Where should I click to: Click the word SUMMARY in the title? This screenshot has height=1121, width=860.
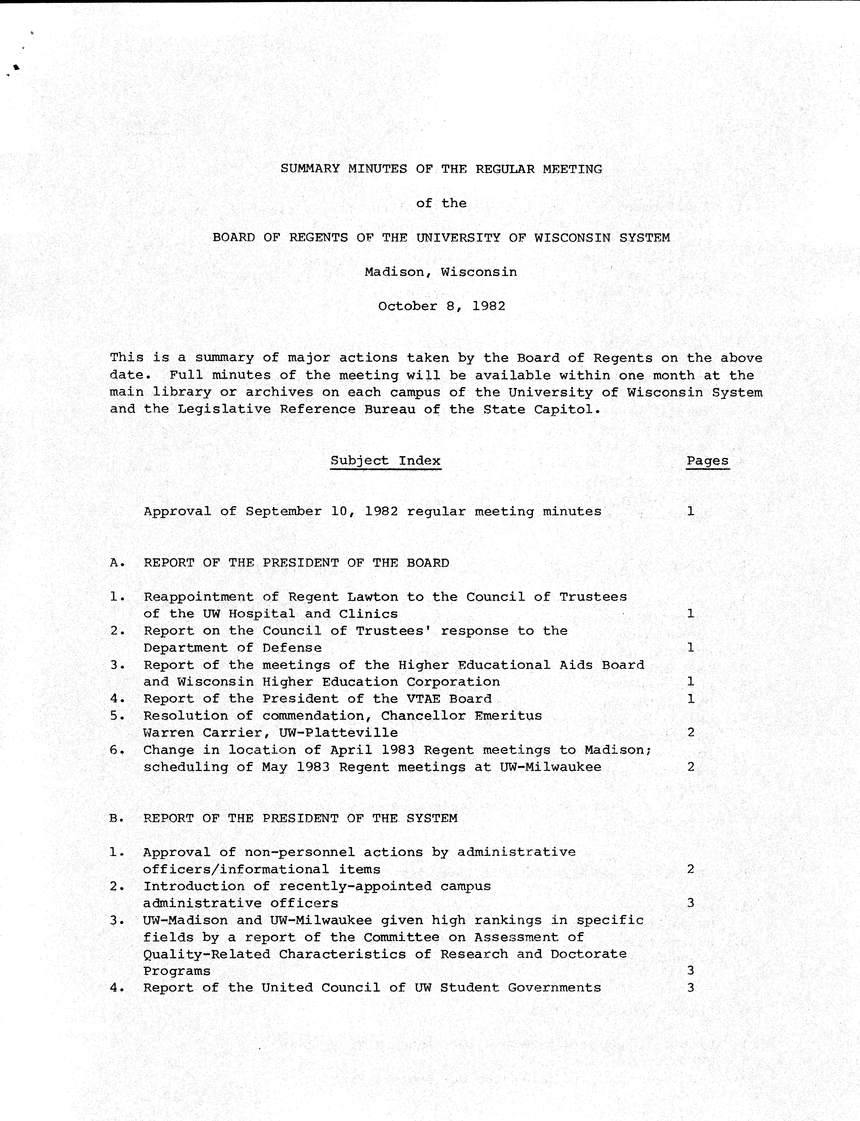click(310, 169)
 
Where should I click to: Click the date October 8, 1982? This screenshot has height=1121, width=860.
click(441, 306)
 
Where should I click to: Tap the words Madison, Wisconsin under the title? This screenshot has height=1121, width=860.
click(441, 272)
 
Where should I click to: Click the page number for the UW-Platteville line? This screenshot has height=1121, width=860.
click(691, 733)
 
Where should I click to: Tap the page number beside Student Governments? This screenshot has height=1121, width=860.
click(691, 988)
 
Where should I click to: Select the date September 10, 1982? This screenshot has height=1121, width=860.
click(321, 512)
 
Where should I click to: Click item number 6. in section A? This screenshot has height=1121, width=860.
click(117, 750)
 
